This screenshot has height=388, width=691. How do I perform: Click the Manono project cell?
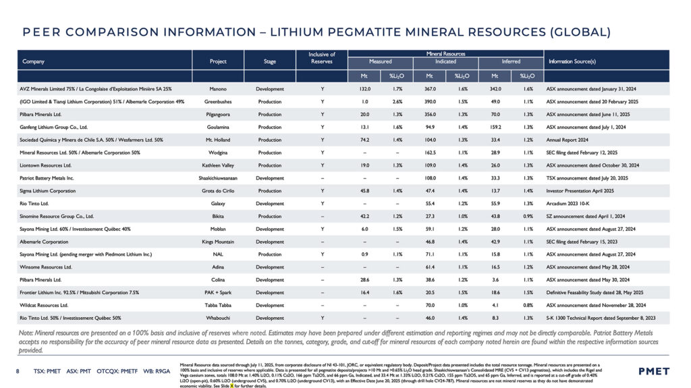click(x=218, y=88)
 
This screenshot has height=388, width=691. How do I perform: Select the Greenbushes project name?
click(x=218, y=101)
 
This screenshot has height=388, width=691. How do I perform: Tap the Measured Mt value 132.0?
click(x=365, y=88)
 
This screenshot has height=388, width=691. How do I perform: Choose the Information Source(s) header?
click(x=572, y=61)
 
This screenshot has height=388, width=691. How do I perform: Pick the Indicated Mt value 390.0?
click(x=424, y=101)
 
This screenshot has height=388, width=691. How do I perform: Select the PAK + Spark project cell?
click(x=218, y=292)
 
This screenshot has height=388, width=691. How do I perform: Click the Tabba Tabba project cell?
click(x=218, y=304)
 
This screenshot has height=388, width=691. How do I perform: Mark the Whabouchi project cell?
click(x=218, y=318)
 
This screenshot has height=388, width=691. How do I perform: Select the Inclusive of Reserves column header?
click(x=322, y=57)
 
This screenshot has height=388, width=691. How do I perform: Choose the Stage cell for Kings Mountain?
click(x=270, y=242)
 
